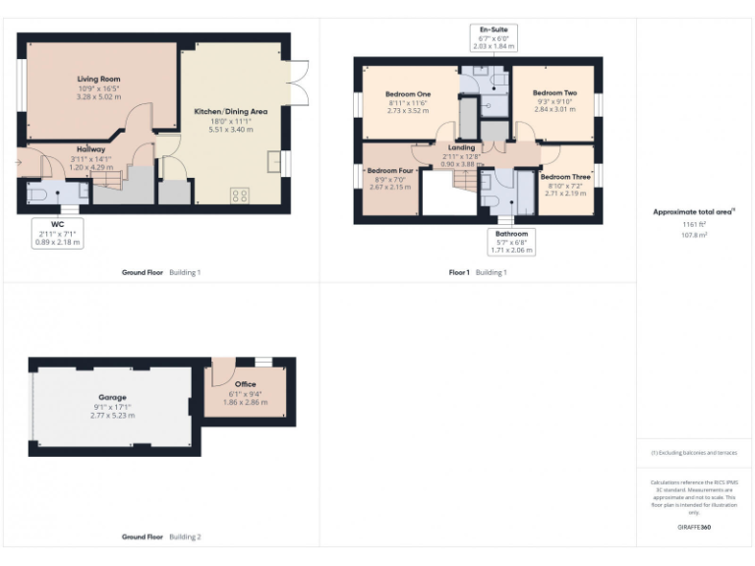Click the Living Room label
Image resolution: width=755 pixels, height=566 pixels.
click(98, 79)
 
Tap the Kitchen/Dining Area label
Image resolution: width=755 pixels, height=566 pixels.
click(231, 111)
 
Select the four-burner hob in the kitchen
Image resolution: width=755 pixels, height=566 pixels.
click(239, 195)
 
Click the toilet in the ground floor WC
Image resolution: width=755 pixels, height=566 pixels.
click(37, 196)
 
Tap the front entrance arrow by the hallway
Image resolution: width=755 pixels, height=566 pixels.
click(20, 162)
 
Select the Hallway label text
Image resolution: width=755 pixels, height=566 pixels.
click(90, 149)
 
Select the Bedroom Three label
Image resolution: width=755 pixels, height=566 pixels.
click(564, 176)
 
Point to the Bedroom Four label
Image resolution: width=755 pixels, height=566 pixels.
click(389, 169)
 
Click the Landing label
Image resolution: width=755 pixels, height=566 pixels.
click(461, 147)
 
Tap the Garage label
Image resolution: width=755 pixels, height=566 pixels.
click(112, 397)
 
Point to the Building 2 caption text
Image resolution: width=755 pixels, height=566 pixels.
click(184, 538)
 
